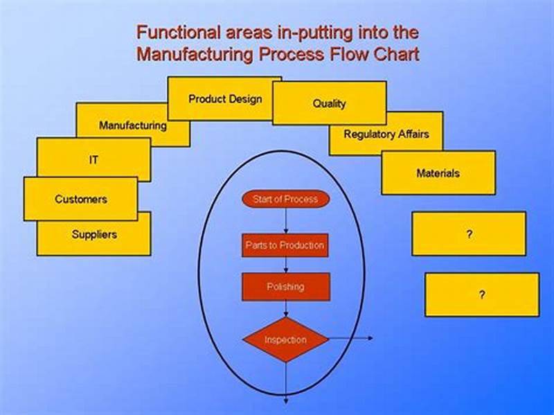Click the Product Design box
click(225, 99)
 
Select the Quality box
click(329, 104)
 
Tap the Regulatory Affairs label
click(386, 134)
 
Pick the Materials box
click(438, 173)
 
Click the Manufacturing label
click(132, 126)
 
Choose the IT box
click(93, 159)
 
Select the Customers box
click(81, 199)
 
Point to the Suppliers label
click(94, 235)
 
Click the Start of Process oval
click(285, 200)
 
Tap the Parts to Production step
click(285, 245)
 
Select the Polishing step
click(285, 286)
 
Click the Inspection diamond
click(285, 339)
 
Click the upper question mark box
click(469, 234)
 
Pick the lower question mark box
click(481, 294)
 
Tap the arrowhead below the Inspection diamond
click(285, 400)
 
